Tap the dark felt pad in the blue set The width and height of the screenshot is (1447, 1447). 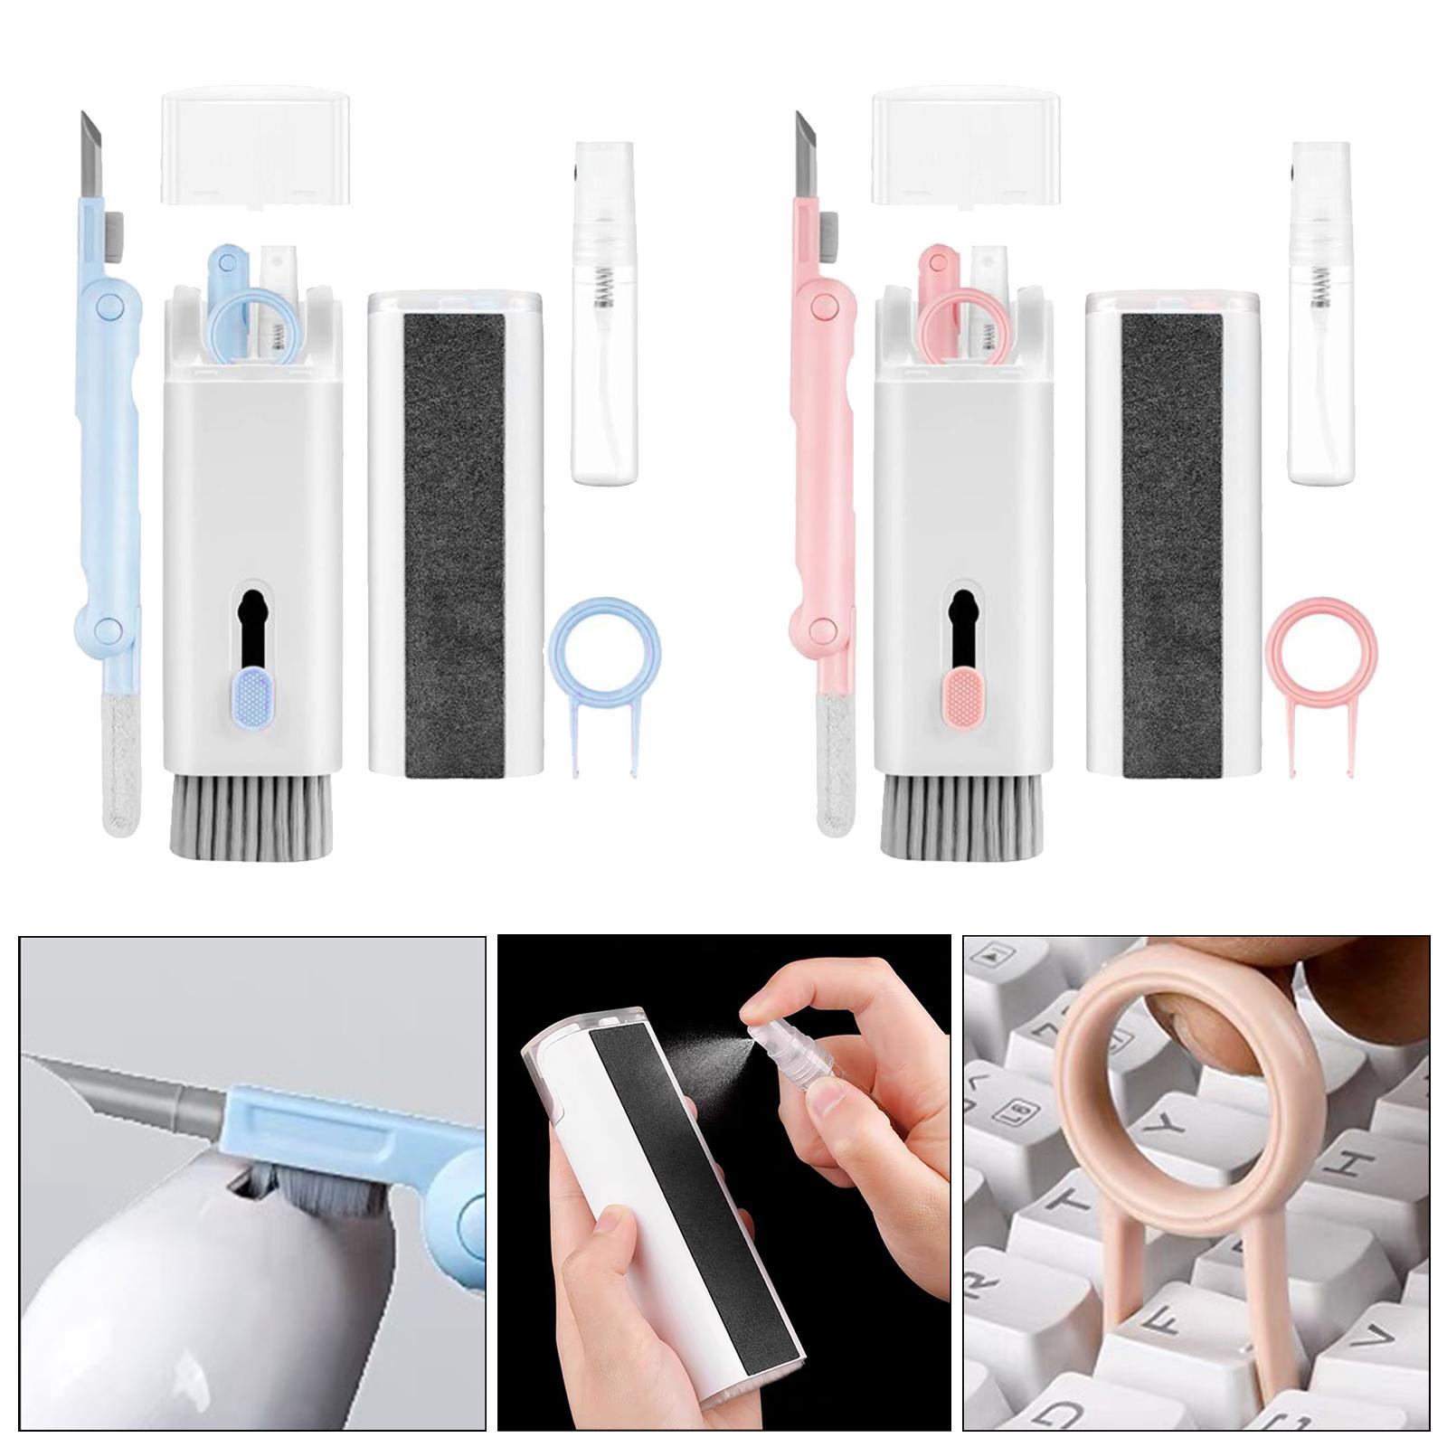(454, 534)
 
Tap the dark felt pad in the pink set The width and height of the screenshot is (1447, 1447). (1172, 534)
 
